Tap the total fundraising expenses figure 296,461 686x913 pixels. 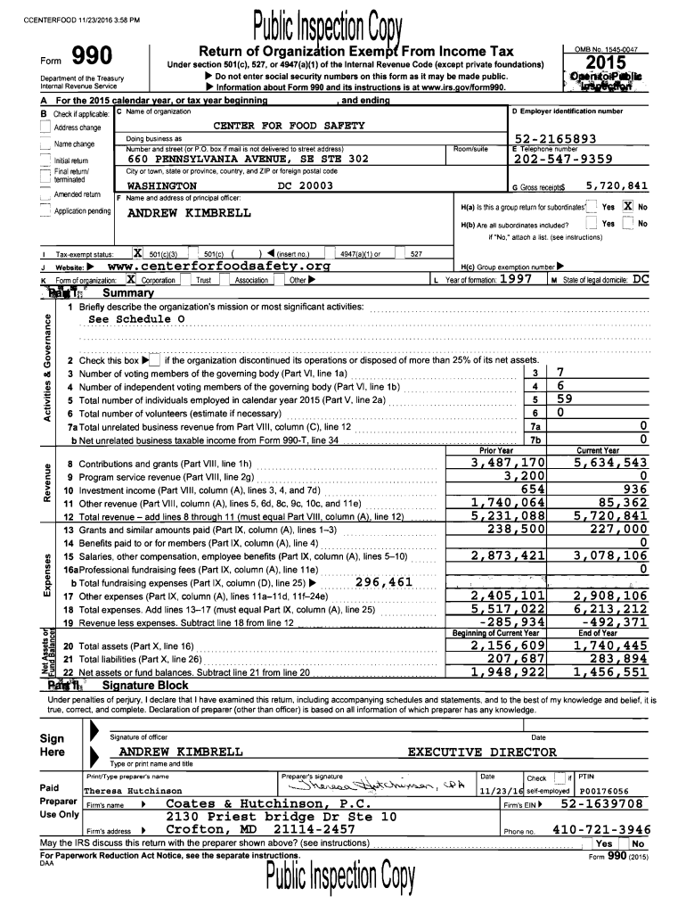(x=382, y=582)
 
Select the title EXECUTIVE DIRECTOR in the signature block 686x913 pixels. (x=482, y=753)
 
